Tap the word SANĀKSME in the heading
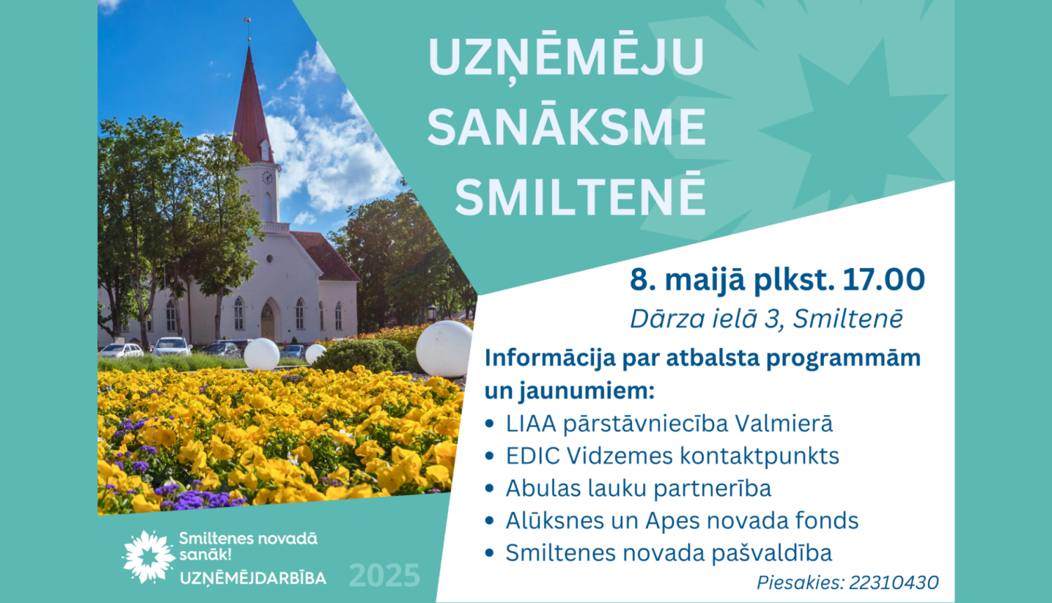(567, 126)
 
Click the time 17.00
(884, 279)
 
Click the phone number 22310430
(893, 583)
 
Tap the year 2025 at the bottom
(384, 575)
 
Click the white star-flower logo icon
(149, 557)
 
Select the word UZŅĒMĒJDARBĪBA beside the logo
(253, 578)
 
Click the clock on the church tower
(267, 177)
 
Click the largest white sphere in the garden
(444, 348)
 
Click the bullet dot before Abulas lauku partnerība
(490, 489)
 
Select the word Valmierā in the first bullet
(784, 423)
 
